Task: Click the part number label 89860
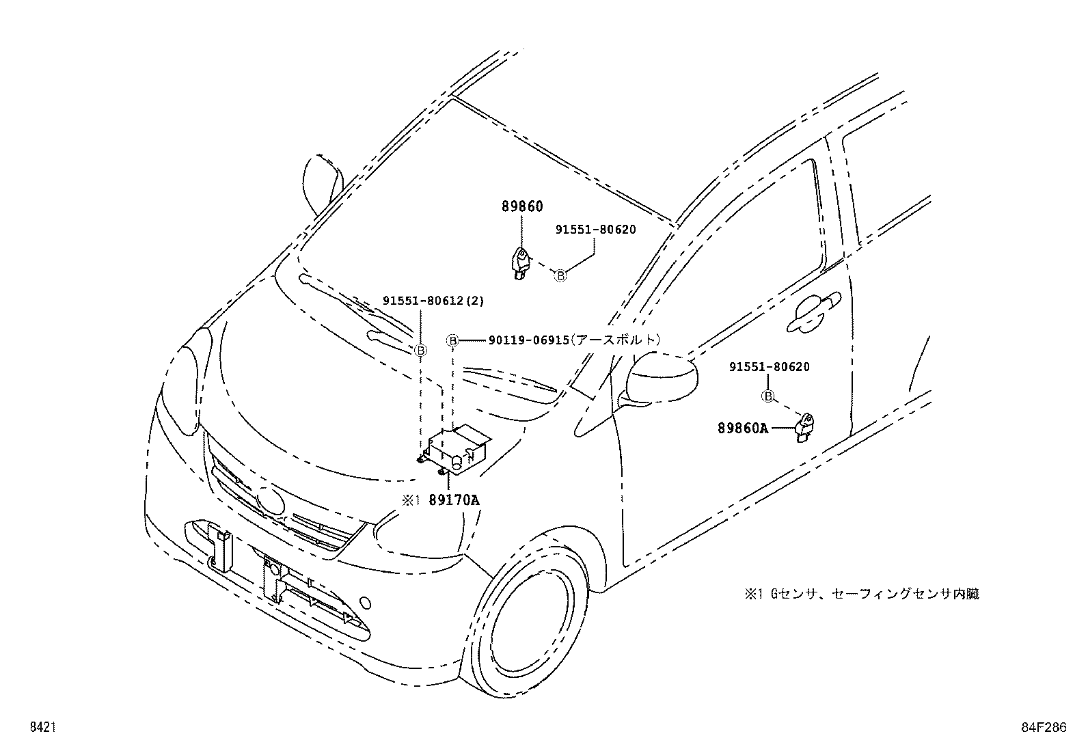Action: [522, 206]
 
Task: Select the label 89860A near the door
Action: [743, 428]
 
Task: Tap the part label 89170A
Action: [454, 500]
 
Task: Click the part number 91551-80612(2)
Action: [433, 300]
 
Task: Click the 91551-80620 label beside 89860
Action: [595, 230]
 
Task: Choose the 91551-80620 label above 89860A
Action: [769, 367]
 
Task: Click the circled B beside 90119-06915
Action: [452, 340]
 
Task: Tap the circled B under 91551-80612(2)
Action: [421, 350]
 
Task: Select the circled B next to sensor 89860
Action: [560, 275]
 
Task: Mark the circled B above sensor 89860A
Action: [768, 396]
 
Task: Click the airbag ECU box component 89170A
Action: [457, 448]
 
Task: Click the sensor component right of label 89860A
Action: [804, 428]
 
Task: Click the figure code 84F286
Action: [1044, 727]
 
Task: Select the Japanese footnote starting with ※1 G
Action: [862, 594]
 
